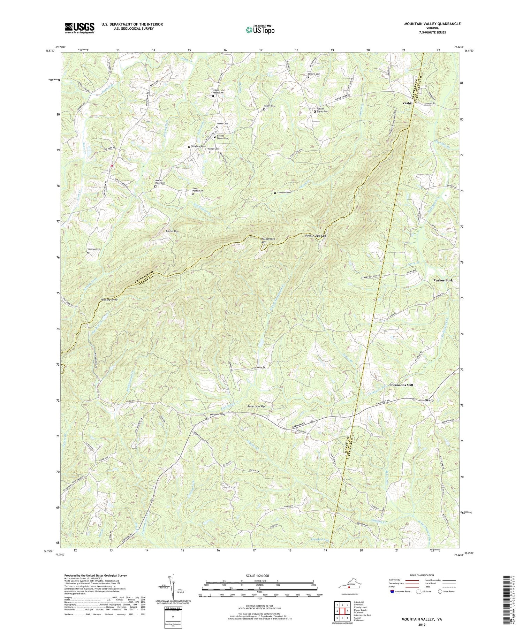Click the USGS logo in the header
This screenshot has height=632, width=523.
pyautogui.click(x=79, y=28)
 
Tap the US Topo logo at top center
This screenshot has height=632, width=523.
pyautogui.click(x=260, y=30)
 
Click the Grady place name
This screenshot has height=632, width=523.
pyautogui.click(x=429, y=400)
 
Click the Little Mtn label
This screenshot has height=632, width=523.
pyautogui.click(x=172, y=231)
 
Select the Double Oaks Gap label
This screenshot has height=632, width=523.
pyautogui.click(x=315, y=236)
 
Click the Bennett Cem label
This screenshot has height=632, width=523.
pyautogui.click(x=314, y=74)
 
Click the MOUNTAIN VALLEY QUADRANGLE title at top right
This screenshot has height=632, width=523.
pyautogui.click(x=432, y=24)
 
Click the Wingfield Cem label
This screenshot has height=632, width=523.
pyautogui.click(x=198, y=146)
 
